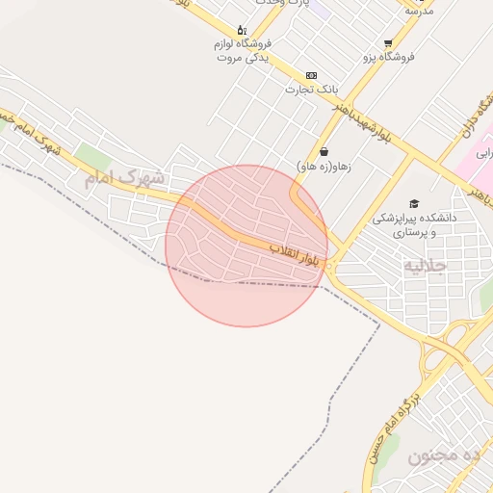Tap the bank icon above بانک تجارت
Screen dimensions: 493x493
tap(311, 75)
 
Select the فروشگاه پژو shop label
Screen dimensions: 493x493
tap(388, 57)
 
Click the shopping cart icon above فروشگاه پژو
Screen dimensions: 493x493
tap(388, 43)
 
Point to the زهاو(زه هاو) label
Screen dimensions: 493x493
tap(324, 166)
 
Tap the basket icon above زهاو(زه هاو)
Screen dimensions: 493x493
tap(324, 151)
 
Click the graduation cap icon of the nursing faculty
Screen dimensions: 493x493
tap(414, 204)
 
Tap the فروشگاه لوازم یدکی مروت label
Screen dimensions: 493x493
tap(242, 50)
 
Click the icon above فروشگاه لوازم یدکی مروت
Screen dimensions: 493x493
tap(242, 30)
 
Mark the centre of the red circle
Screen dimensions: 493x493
tap(246, 246)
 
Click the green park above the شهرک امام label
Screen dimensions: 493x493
tap(93, 154)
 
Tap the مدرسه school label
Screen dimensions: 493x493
tap(420, 10)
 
